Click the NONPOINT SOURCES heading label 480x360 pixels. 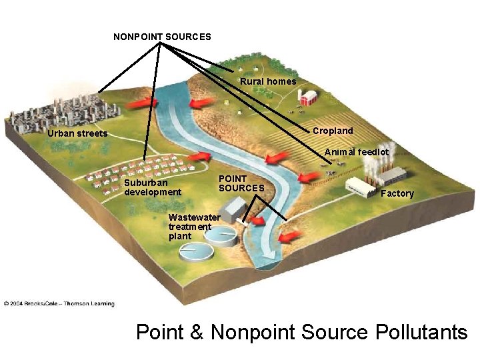click(x=162, y=37)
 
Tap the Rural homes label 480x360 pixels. click(x=268, y=81)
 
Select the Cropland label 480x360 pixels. click(x=333, y=131)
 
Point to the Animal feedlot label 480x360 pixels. click(x=357, y=152)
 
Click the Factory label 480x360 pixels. click(x=397, y=193)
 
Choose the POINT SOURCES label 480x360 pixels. click(x=241, y=183)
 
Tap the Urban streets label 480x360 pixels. click(x=77, y=134)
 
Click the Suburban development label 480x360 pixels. click(x=152, y=187)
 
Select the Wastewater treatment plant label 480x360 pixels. click(x=193, y=227)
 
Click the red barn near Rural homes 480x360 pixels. click(x=307, y=99)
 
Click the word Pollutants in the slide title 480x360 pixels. click(x=421, y=332)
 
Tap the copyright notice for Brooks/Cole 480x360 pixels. click(x=59, y=303)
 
